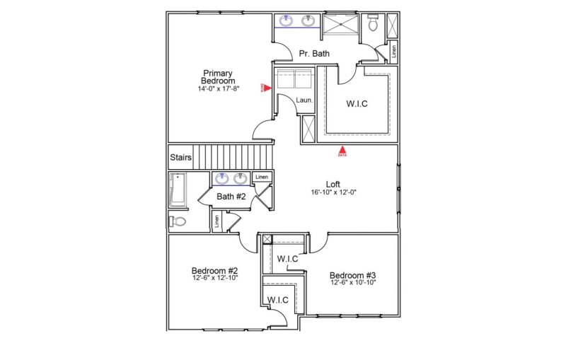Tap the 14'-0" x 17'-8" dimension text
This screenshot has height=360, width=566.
[x=219, y=89]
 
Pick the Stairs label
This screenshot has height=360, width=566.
[x=180, y=157]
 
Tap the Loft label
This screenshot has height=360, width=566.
[x=333, y=184]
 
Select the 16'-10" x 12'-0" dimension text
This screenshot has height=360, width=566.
[x=333, y=192]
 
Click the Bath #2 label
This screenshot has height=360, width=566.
[x=231, y=197]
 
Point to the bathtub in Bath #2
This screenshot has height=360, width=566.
[x=177, y=191]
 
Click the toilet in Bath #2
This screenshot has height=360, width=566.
[x=178, y=221]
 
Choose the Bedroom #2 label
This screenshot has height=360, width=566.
[x=214, y=270]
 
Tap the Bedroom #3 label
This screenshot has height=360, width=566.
[x=352, y=275]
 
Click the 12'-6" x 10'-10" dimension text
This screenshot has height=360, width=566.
[x=352, y=283]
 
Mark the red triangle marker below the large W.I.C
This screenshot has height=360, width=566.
[x=342, y=150]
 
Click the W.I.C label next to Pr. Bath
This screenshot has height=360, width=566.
[x=357, y=104]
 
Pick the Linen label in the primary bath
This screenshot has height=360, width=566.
[x=393, y=51]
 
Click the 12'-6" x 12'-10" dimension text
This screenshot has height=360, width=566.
[x=214, y=278]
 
